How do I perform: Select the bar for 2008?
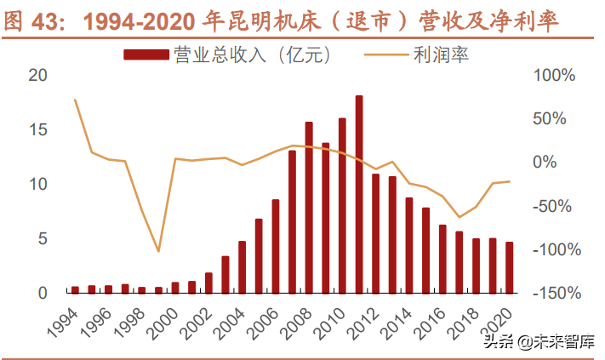tap(309, 208)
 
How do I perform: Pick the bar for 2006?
tap(276, 246)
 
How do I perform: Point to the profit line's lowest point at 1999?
tap(158, 251)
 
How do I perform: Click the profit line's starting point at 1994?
tap(75, 100)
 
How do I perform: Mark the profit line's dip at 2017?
tap(459, 217)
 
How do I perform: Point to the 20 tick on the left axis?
tap(37, 75)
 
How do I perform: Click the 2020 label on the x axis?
tap(503, 322)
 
